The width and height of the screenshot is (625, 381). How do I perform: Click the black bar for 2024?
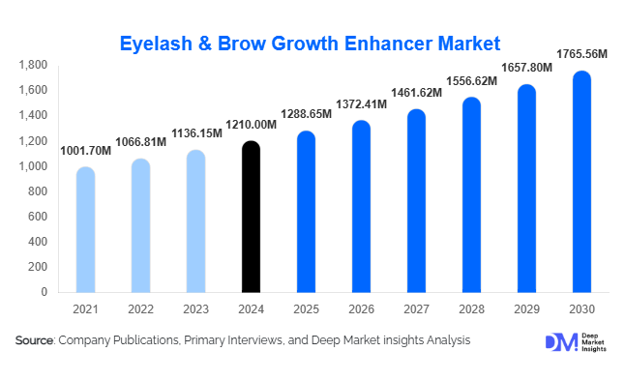pyautogui.click(x=251, y=217)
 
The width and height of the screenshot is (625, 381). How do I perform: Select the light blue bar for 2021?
pyautogui.click(x=85, y=229)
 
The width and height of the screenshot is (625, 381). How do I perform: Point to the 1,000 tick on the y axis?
pyautogui.click(x=34, y=166)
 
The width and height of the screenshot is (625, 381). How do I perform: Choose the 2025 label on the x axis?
pyautogui.click(x=306, y=308)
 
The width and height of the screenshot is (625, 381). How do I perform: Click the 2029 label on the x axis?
pyautogui.click(x=526, y=308)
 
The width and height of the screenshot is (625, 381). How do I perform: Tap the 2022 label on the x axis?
pyautogui.click(x=140, y=308)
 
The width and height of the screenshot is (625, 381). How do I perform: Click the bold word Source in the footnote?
pyautogui.click(x=35, y=340)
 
